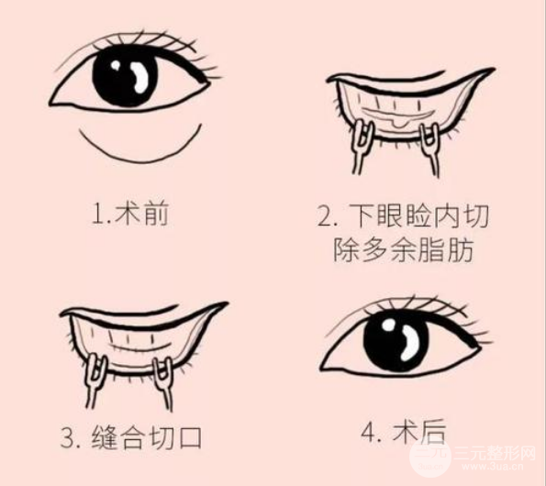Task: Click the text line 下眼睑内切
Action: pos(407,218)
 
